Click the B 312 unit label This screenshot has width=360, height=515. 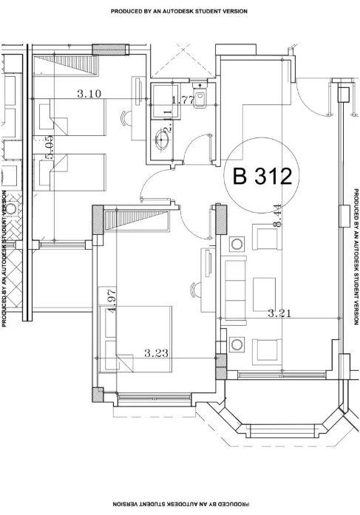point(262,176)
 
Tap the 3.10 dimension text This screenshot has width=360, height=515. point(89,94)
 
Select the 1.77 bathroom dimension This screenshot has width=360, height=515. point(183,100)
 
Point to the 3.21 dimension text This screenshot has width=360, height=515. point(279,313)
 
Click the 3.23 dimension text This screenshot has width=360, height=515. point(157,353)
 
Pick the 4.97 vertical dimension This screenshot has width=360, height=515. point(112,301)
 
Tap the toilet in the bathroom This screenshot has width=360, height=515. point(199,96)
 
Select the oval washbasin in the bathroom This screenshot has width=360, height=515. point(163,139)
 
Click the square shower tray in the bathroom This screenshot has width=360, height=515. point(166,101)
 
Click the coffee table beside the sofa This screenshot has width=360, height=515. point(264,294)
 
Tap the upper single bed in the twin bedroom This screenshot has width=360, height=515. point(70,117)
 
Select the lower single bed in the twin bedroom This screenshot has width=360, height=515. point(70,172)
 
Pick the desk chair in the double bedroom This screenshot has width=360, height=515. point(196,290)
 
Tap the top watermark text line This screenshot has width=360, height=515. point(179,11)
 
